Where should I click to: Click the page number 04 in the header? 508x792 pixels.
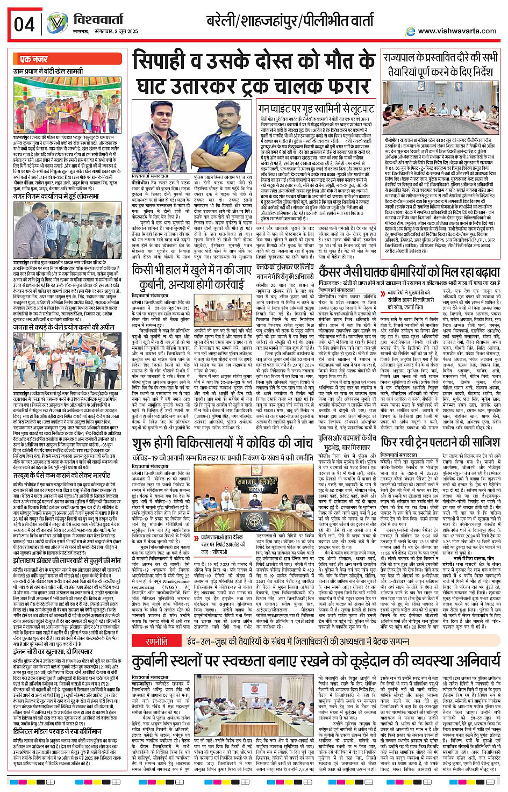coord(24,25)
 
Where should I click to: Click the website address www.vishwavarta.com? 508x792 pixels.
coord(457,31)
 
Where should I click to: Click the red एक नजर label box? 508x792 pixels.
coord(34,59)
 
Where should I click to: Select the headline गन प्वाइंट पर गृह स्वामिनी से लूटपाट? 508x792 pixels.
coord(317,109)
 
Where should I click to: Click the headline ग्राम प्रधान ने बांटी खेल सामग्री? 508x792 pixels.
coord(48,71)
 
